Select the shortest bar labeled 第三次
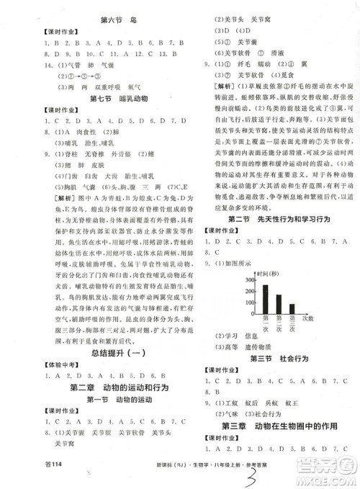coord(292,308)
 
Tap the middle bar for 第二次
coord(279,302)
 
